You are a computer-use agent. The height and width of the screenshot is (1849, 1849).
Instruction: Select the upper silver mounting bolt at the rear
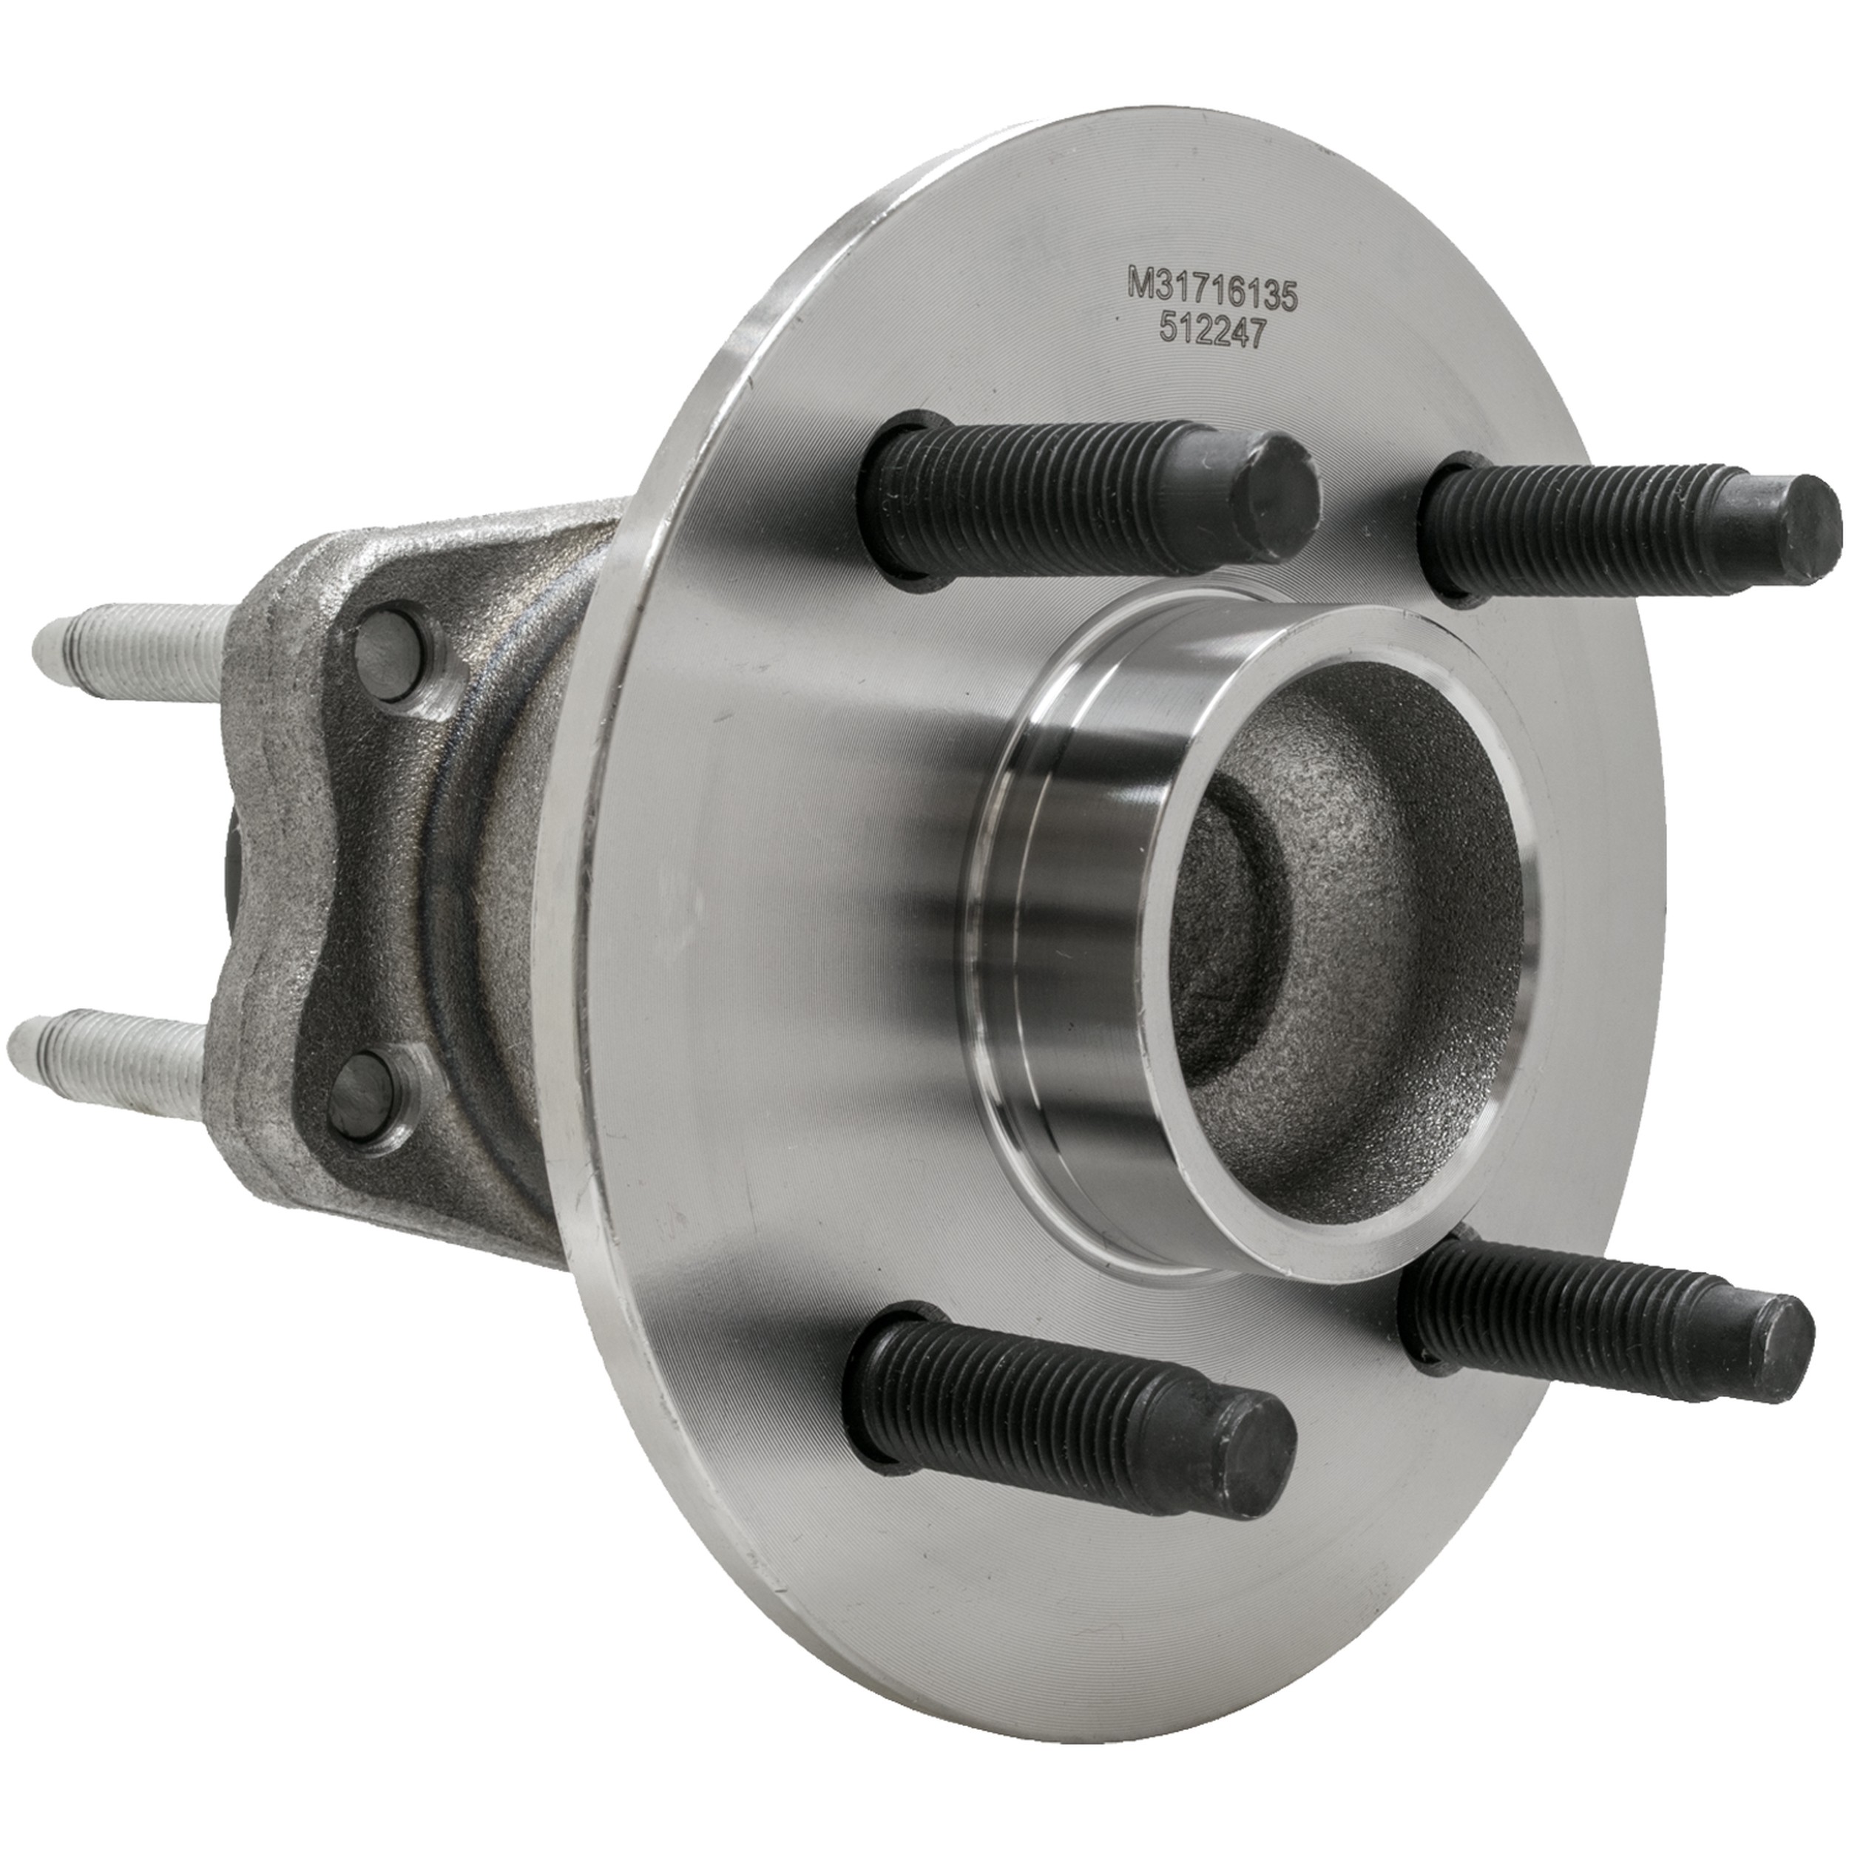pyautogui.click(x=134, y=653)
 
